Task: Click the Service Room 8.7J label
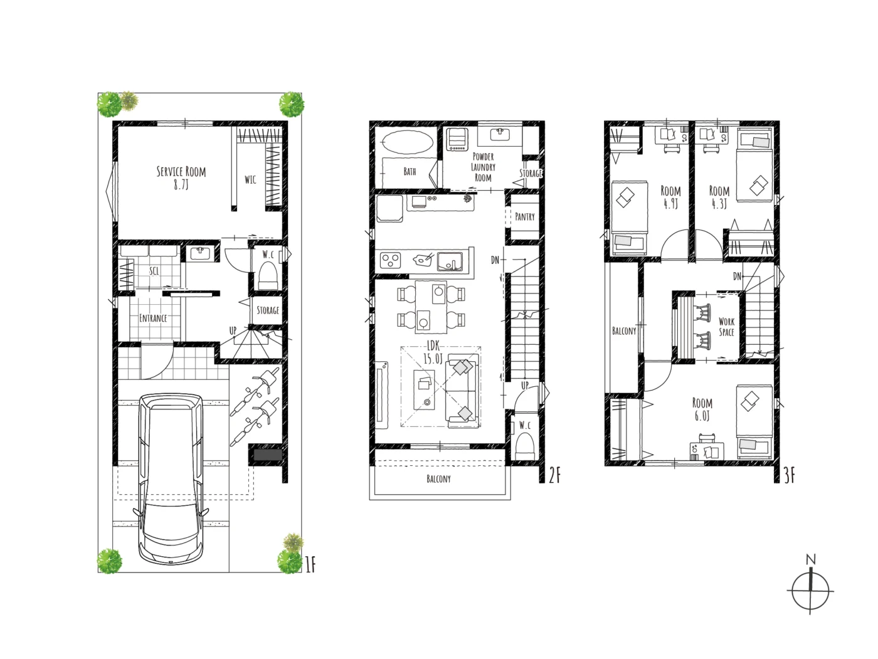coord(181,177)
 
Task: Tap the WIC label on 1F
coord(250,179)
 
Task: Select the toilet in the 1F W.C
coord(268,276)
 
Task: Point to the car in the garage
coord(171,479)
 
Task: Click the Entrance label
coord(153,319)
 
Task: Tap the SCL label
coord(154,271)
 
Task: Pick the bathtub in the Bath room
coord(407,142)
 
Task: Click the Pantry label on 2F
coord(525,217)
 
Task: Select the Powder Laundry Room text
coord(483,167)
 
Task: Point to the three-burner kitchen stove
coord(390,260)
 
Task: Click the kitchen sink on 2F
coord(450,261)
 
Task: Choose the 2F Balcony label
coord(438,478)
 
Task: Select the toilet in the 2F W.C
coord(525,448)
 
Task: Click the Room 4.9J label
coord(671,197)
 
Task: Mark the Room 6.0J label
coord(702,409)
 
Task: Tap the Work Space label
coord(726,327)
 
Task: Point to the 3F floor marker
coord(789,476)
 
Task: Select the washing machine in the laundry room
coord(457,139)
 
